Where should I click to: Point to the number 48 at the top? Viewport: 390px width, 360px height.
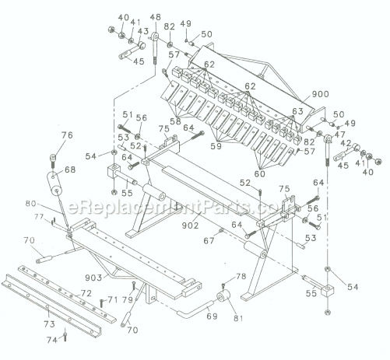pos(156,17)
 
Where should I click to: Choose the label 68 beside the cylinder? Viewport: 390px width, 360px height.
pos(70,170)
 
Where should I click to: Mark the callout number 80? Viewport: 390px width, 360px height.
pos(51,205)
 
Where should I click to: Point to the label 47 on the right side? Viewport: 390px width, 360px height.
pos(340,135)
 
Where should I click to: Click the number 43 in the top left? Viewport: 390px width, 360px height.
pos(142,31)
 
